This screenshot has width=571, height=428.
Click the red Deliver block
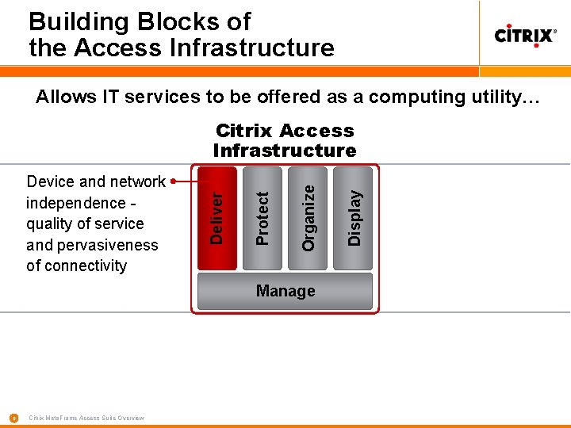click(217, 218)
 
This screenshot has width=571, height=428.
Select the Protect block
click(263, 218)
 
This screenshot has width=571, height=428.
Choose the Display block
click(354, 218)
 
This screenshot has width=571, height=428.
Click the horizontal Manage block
click(285, 292)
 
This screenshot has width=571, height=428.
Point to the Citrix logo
click(525, 36)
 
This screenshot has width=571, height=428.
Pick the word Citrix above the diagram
click(243, 131)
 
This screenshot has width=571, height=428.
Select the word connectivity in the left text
click(86, 266)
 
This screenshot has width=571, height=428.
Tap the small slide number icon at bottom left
click(13, 418)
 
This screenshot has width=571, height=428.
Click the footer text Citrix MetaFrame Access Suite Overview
click(86, 418)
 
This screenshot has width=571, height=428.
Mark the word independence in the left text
click(75, 203)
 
